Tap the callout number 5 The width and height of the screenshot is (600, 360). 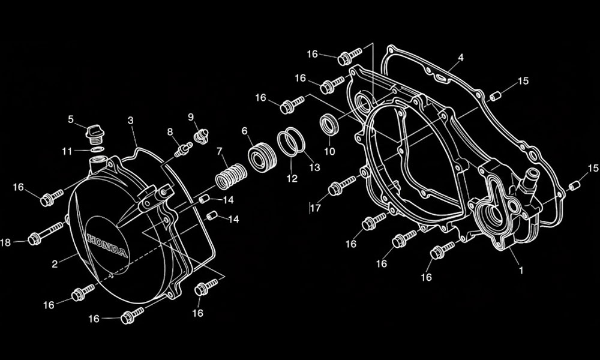click(x=71, y=119)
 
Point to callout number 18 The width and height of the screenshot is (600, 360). click(x=6, y=242)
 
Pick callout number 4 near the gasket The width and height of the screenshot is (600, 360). click(x=460, y=58)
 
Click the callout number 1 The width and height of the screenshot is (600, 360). click(x=520, y=271)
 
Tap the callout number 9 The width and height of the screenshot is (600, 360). click(x=191, y=116)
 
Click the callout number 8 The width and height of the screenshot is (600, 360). click(x=170, y=131)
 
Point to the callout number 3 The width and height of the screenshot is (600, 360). click(x=131, y=120)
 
